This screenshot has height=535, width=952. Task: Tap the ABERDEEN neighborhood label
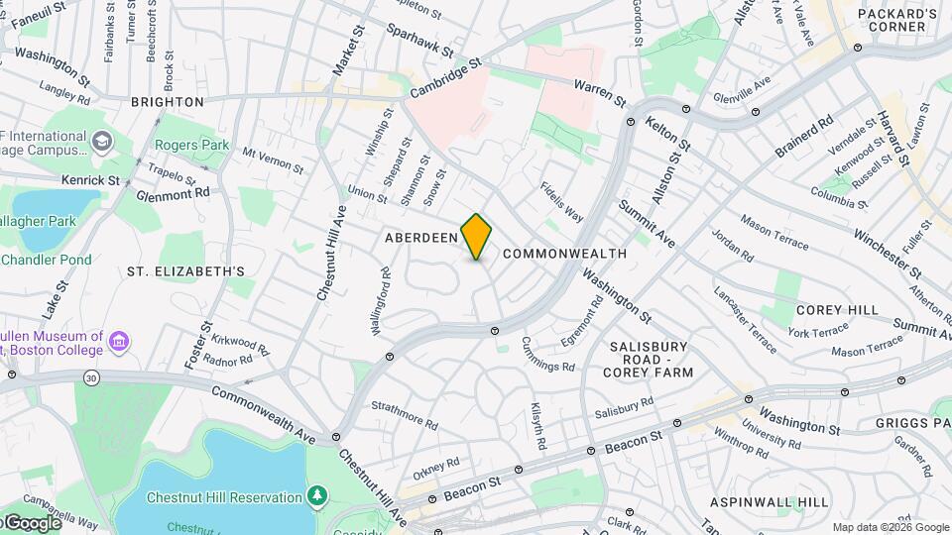pyautogui.click(x=421, y=238)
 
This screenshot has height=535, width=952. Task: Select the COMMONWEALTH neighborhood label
pyautogui.click(x=564, y=254)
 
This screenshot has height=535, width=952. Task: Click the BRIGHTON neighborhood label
pyautogui.click(x=168, y=102)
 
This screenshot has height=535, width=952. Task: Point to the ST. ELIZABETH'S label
pyautogui.click(x=185, y=270)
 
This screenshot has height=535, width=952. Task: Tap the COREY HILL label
pyautogui.click(x=837, y=310)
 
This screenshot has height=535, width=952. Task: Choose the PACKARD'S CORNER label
pyautogui.click(x=896, y=20)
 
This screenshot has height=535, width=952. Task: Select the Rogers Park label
pyautogui.click(x=191, y=146)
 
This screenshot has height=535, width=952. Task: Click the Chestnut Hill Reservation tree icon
pyautogui.click(x=317, y=494)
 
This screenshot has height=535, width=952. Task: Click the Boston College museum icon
pyautogui.click(x=120, y=342)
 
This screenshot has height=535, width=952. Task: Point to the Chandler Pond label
pyautogui.click(x=47, y=260)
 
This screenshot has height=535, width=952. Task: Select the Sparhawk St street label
pyautogui.click(x=419, y=41)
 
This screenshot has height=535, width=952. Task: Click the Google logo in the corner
pyautogui.click(x=32, y=522)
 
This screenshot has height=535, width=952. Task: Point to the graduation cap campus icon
pyautogui.click(x=101, y=143)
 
